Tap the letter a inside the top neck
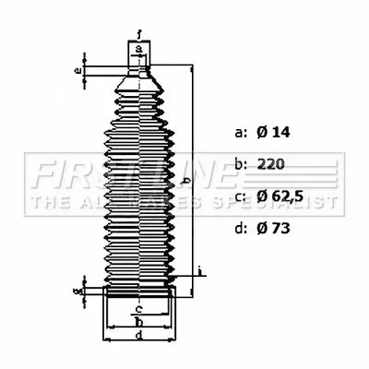pos(137,49)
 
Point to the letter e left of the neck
pos(79,70)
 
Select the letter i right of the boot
pos(201,270)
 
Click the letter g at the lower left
pos(79,291)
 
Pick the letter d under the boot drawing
pos(138,338)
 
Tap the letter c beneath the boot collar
pos(138,308)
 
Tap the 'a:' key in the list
pos(242,134)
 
